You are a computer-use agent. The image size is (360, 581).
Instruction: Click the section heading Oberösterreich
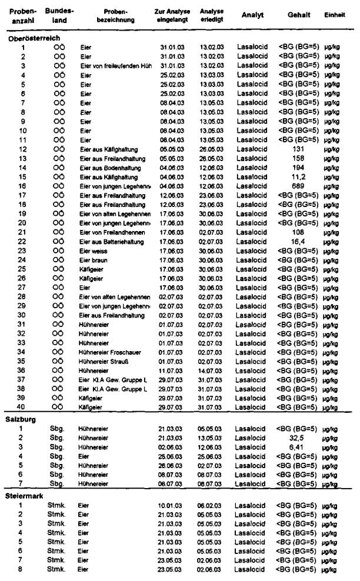[34, 38]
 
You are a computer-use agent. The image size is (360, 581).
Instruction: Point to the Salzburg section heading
[23, 419]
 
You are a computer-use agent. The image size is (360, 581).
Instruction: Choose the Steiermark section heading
[25, 495]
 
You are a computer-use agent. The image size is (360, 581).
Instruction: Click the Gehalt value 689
[298, 186]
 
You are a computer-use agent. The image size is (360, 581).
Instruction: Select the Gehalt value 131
[298, 149]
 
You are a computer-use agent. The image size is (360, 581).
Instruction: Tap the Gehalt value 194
[298, 168]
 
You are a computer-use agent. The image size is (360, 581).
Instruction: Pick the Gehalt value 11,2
[298, 176]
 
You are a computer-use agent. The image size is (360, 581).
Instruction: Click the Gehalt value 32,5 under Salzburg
[298, 438]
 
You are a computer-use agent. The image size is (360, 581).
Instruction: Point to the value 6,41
[298, 447]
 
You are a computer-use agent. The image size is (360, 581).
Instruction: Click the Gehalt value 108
[298, 232]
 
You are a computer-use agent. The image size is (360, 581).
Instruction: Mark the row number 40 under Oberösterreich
[23, 407]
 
